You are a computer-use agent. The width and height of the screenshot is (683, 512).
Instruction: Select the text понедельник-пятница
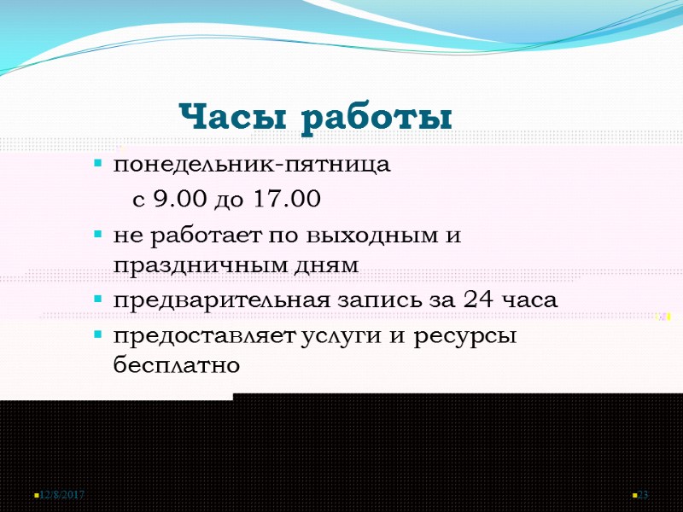(x=252, y=165)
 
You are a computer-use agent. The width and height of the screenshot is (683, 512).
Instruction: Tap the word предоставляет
(x=204, y=335)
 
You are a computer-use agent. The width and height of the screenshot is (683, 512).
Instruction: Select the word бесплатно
(x=177, y=365)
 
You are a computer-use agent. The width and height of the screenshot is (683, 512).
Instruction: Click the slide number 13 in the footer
(x=644, y=496)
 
